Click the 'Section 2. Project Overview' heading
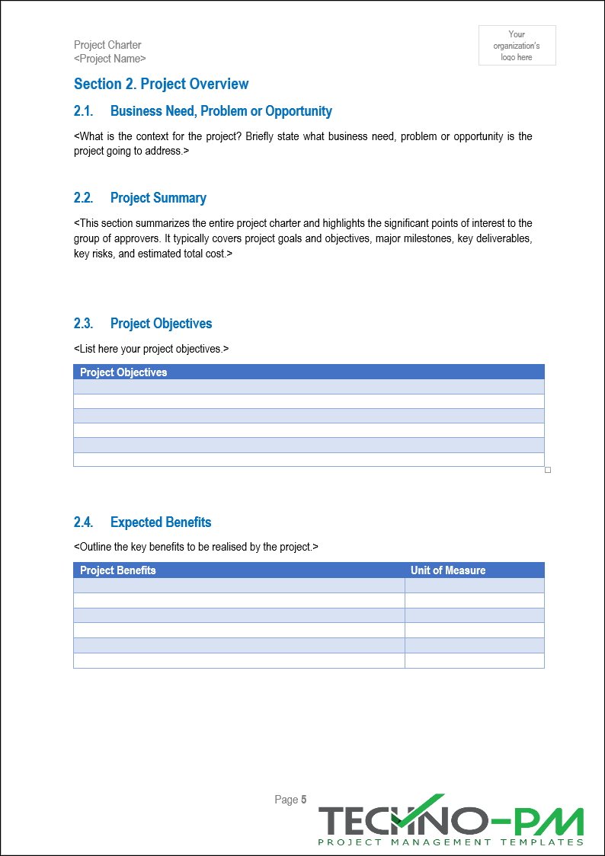coord(161,84)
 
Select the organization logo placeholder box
coord(517,45)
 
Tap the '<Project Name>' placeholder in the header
coord(110,59)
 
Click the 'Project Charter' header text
coord(107,45)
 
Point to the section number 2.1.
coord(83,111)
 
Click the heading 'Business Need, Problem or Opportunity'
coord(221,111)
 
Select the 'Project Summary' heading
coord(158,198)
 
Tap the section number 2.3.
coord(83,324)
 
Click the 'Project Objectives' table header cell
coord(123,372)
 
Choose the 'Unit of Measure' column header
coord(447,570)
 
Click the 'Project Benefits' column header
coord(117,570)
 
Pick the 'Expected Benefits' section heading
coord(160,522)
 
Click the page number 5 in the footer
coord(303,800)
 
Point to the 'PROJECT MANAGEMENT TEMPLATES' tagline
coord(450,842)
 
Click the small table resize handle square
coord(547,470)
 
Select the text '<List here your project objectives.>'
coord(151,349)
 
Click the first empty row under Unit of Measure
coord(474,586)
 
